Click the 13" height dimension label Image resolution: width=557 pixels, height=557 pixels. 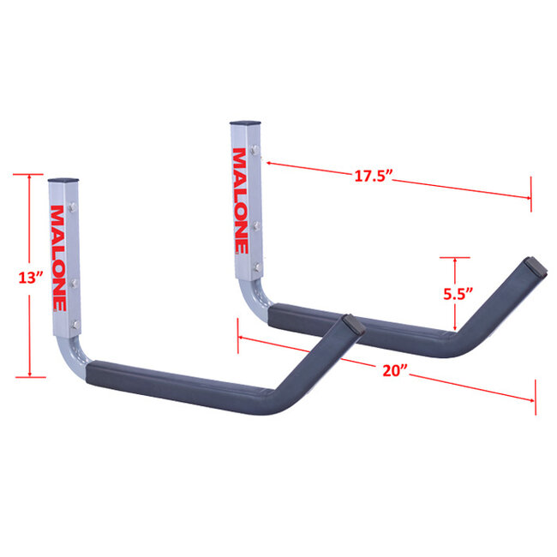[29, 278]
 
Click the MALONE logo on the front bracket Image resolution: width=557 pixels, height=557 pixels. [57, 257]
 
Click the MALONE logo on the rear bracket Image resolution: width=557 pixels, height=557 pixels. [240, 201]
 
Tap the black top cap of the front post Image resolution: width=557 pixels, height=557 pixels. [62, 182]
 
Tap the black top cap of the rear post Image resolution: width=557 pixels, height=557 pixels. [243, 123]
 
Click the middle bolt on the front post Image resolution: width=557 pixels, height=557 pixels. [75, 280]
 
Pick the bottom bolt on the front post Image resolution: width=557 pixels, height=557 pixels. [75, 322]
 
